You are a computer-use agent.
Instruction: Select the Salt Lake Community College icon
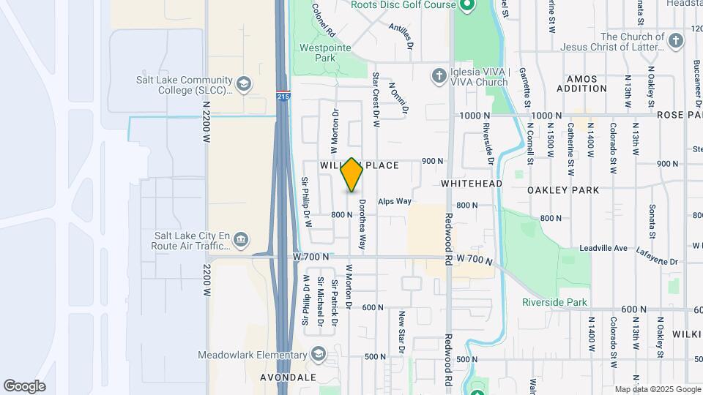[244, 85]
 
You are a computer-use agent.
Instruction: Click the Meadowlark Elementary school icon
[319, 355]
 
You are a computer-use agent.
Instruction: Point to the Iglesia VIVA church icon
[438, 76]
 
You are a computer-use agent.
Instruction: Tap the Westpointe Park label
[325, 53]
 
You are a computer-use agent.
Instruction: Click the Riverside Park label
[554, 302]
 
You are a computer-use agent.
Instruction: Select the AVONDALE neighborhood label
[289, 377]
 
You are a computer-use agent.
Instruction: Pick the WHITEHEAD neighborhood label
[471, 183]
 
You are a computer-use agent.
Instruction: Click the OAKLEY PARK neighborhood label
[563, 190]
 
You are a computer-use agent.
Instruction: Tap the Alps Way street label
[395, 201]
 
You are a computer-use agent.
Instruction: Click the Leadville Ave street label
[603, 249]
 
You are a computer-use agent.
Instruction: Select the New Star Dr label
[401, 332]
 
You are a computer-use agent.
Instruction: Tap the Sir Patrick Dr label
[334, 302]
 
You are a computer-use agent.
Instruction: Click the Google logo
[24, 386]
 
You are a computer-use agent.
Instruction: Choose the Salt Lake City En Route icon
[241, 241]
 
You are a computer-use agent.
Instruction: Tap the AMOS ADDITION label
[582, 83]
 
